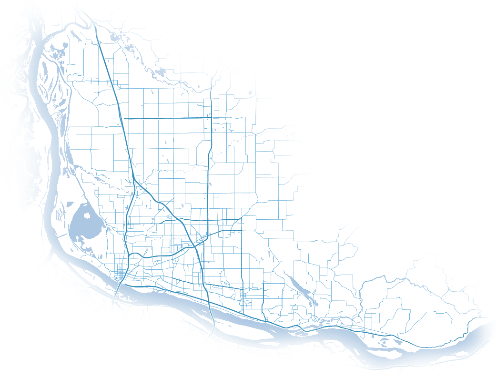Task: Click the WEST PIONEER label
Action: click(114, 65)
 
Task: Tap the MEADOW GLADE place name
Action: click(193, 152)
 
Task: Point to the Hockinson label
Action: click(264, 155)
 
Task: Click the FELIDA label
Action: click(97, 191)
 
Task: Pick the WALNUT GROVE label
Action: click(162, 222)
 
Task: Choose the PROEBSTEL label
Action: click(260, 234)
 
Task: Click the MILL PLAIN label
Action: click(251, 258)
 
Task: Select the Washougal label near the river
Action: click(355, 324)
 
